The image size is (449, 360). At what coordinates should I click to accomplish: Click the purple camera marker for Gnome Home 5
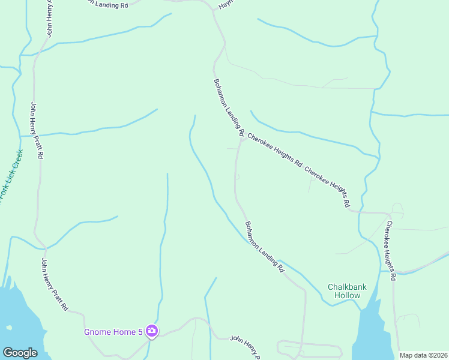[152, 331]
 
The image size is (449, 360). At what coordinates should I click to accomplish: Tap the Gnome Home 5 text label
[113, 331]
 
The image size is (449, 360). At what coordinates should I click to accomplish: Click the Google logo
[20, 353]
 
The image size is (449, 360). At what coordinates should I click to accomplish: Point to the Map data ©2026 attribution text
[423, 355]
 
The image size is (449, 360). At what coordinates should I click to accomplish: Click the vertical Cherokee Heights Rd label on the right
[391, 251]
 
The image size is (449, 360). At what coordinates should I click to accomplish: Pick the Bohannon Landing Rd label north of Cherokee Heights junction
[229, 106]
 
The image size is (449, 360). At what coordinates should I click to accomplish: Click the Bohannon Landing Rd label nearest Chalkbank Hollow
[264, 247]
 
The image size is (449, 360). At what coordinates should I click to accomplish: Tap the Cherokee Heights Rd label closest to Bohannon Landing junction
[274, 150]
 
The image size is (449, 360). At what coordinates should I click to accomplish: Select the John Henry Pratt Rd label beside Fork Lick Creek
[37, 130]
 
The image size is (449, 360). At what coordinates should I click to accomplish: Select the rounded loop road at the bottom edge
[309, 349]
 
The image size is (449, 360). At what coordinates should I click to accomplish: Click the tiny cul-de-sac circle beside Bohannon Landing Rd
[238, 177]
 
